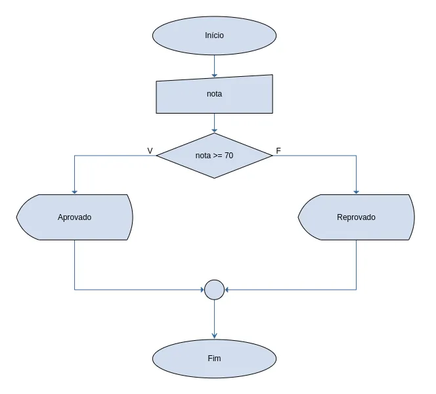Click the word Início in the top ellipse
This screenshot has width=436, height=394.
(214, 35)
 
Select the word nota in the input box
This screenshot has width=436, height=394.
(214, 94)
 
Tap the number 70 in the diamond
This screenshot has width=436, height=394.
(229, 156)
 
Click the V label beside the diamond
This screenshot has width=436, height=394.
(150, 150)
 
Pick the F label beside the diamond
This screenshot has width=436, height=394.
(278, 150)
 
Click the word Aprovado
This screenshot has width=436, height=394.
(74, 217)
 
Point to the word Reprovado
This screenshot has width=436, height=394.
(356, 217)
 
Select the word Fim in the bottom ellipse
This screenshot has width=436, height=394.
(214, 358)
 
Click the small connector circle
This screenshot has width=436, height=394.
(214, 290)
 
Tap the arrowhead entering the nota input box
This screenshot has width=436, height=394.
(214, 75)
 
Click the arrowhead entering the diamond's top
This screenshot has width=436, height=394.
(214, 130)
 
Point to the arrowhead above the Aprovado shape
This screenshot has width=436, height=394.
(74, 192)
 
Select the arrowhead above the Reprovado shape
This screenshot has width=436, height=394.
(356, 192)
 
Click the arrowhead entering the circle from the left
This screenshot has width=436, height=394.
(202, 290)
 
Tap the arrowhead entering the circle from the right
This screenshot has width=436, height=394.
(227, 290)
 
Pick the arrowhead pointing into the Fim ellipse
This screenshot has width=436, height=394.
(214, 336)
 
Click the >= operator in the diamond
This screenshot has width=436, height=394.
(217, 156)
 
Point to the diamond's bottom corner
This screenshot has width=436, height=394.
(214, 178)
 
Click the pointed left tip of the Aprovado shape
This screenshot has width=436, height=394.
(16, 217)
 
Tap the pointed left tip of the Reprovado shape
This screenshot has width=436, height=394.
(298, 217)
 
